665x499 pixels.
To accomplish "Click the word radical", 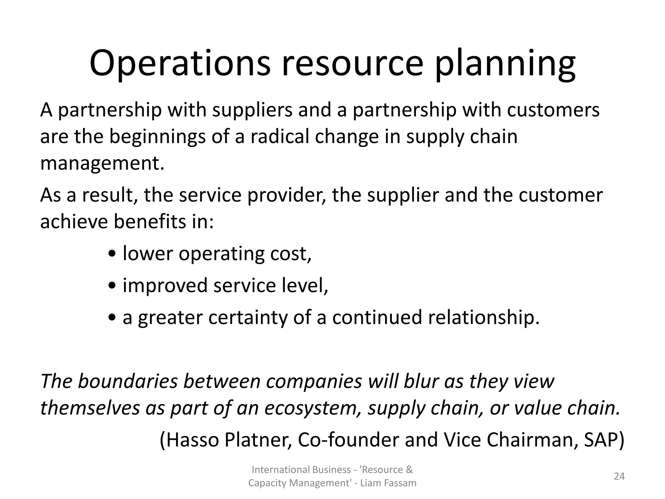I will [x=279, y=136].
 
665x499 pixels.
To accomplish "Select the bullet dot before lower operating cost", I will [x=112, y=254].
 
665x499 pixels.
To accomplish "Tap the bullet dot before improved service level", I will [x=112, y=286].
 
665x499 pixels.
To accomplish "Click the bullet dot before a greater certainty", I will [x=112, y=318].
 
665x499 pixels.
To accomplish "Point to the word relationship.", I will [x=483, y=317].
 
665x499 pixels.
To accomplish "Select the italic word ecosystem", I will [x=313, y=408].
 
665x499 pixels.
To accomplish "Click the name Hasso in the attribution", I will [x=193, y=440].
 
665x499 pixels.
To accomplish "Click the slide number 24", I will [x=619, y=476].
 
